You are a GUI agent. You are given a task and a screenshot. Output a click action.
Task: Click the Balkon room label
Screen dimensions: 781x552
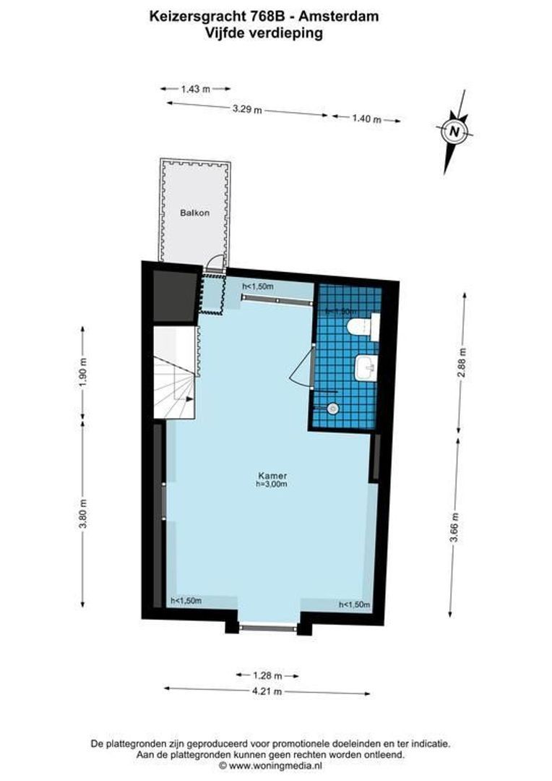pyautogui.click(x=195, y=213)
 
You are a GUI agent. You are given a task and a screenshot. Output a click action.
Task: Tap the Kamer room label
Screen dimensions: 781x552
pyautogui.click(x=272, y=476)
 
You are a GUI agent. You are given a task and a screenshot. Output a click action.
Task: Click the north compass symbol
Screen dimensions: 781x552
pyautogui.click(x=454, y=132)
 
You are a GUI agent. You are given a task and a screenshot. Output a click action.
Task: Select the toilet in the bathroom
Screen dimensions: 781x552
pyautogui.click(x=362, y=328)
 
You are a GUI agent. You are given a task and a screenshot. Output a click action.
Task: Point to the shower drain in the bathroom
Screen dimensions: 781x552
pyautogui.click(x=332, y=409)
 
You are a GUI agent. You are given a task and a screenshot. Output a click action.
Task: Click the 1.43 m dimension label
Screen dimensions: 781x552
pyautogui.click(x=195, y=89)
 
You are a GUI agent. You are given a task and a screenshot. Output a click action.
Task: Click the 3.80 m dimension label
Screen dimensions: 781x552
pyautogui.click(x=82, y=514)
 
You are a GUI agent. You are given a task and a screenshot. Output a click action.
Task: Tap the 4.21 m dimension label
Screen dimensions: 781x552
pyautogui.click(x=267, y=691)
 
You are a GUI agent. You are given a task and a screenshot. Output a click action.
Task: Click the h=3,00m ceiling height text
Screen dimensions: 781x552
pyautogui.click(x=272, y=485)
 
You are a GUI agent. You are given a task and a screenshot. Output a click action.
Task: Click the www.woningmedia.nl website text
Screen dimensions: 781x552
pyautogui.click(x=275, y=765)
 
